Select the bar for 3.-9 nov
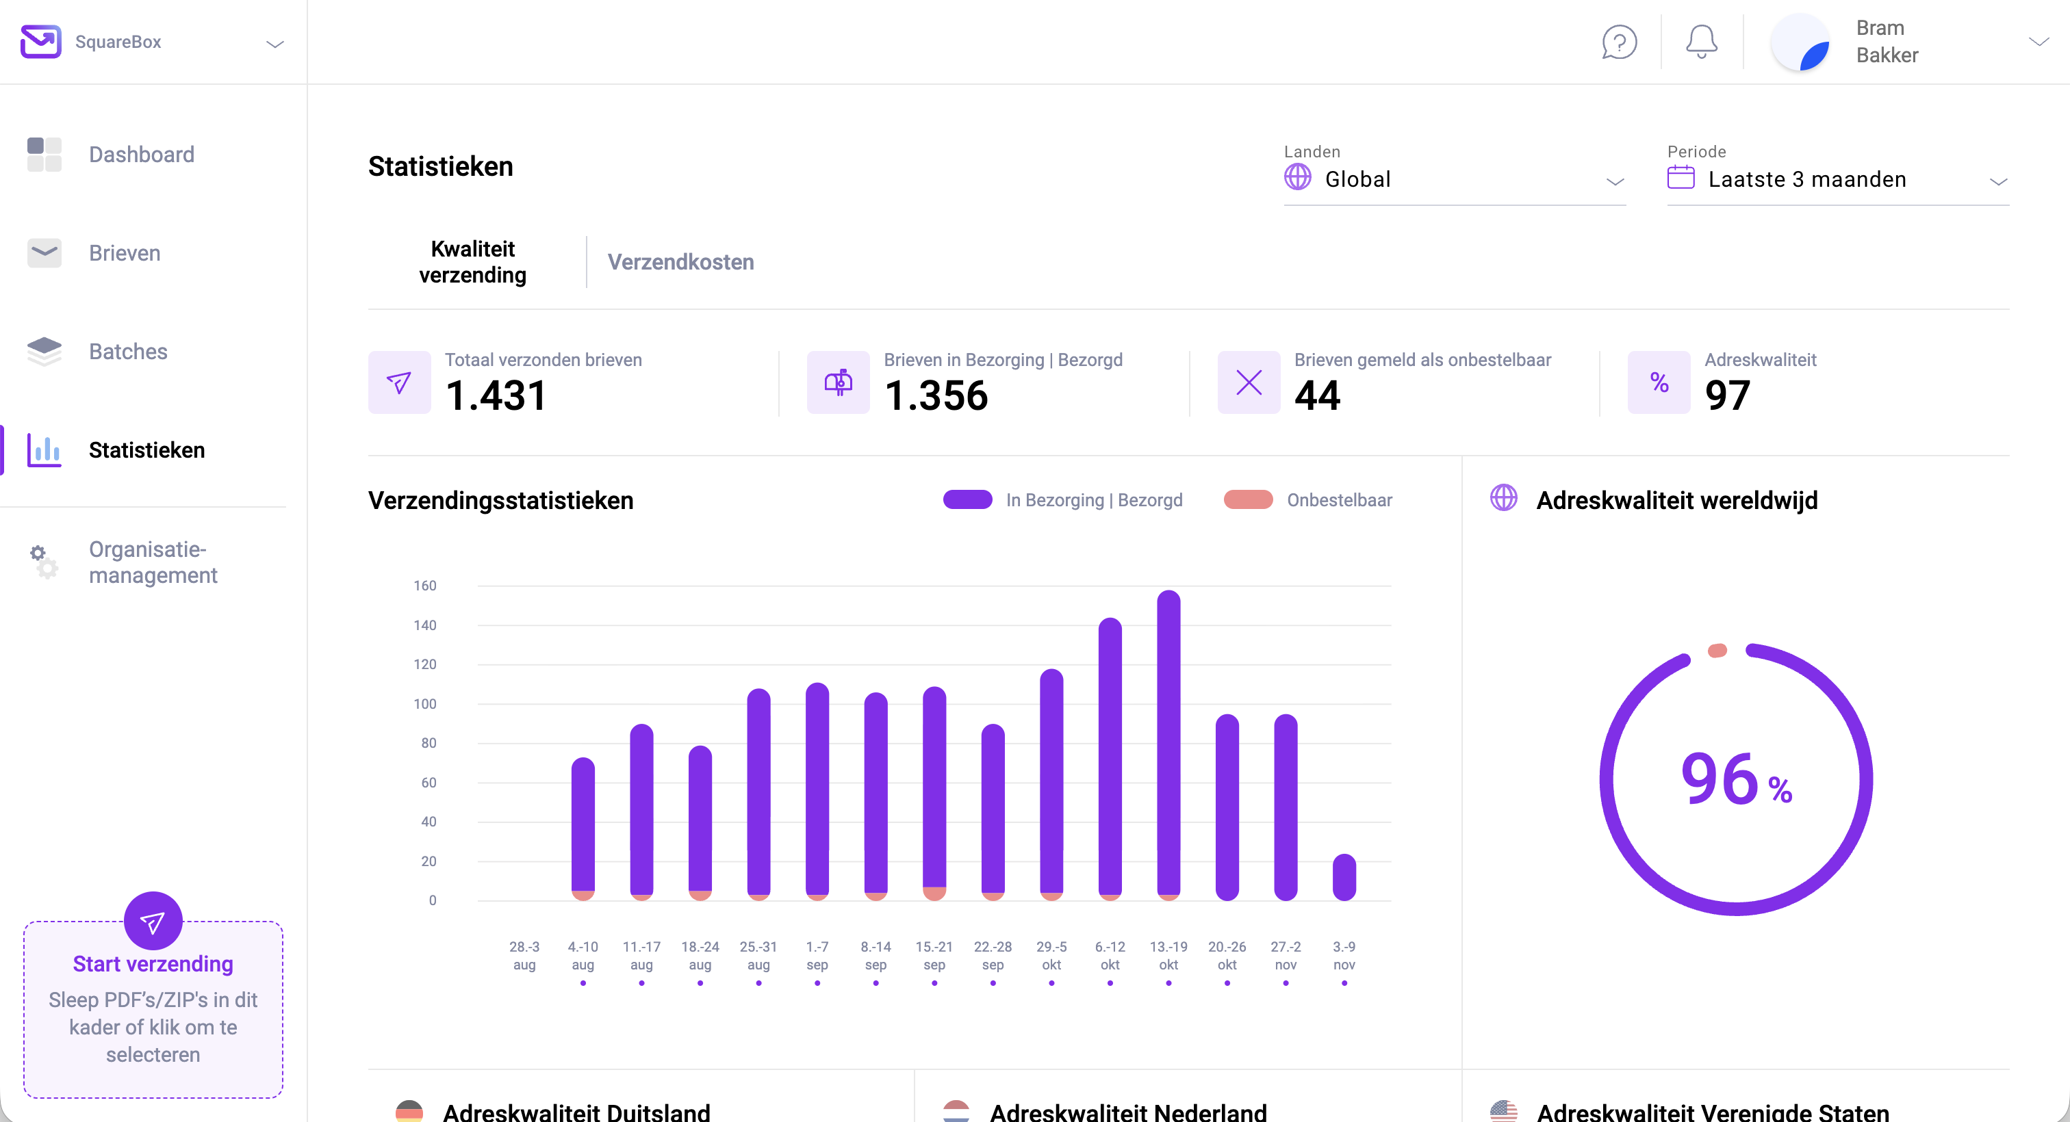(1344, 877)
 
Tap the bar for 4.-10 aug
(583, 827)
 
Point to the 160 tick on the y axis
(425, 586)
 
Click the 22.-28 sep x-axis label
(993, 955)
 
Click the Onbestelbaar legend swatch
(1247, 499)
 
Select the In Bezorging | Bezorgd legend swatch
(967, 499)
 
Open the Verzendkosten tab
(680, 262)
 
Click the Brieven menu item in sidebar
(125, 253)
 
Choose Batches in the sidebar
(128, 352)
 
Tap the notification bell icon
(1701, 42)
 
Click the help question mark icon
(1619, 42)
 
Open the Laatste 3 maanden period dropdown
(1838, 179)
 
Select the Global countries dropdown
(1455, 179)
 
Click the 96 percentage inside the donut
(1720, 779)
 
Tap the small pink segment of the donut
(1717, 651)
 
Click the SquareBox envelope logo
(40, 42)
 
